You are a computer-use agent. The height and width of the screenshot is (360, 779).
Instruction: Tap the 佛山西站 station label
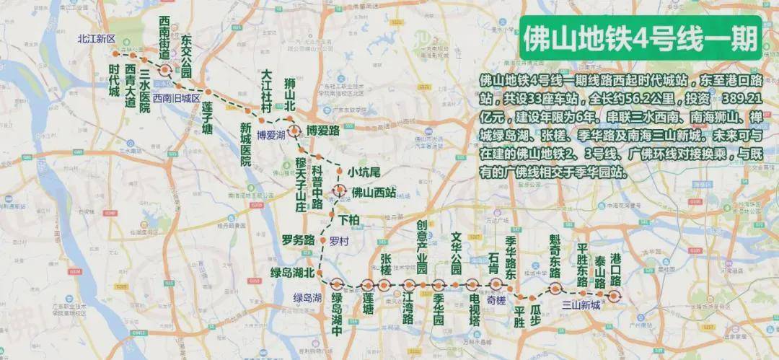(x=374, y=192)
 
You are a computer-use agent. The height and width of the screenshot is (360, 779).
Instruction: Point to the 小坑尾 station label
(x=364, y=171)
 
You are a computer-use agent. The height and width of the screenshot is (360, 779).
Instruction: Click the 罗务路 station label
(x=299, y=240)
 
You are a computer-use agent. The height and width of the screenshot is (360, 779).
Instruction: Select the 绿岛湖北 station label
(x=293, y=273)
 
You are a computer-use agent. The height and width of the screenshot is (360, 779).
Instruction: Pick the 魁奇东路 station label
(x=555, y=256)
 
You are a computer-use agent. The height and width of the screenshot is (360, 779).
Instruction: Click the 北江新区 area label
(x=97, y=40)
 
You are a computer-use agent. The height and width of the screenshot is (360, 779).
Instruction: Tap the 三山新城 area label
(x=581, y=304)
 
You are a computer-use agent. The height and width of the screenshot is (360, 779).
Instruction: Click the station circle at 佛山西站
(x=339, y=191)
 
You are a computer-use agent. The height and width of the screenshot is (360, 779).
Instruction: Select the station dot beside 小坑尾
(x=340, y=170)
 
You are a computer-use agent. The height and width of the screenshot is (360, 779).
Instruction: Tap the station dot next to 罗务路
(x=322, y=240)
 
